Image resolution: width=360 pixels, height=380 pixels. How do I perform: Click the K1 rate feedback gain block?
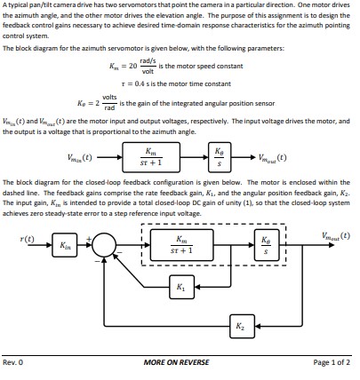(182, 287)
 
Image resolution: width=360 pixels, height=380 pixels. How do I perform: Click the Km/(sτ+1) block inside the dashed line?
(181, 242)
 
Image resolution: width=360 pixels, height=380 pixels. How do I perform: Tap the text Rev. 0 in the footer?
(13, 362)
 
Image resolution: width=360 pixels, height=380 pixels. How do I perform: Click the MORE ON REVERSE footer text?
(179, 362)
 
